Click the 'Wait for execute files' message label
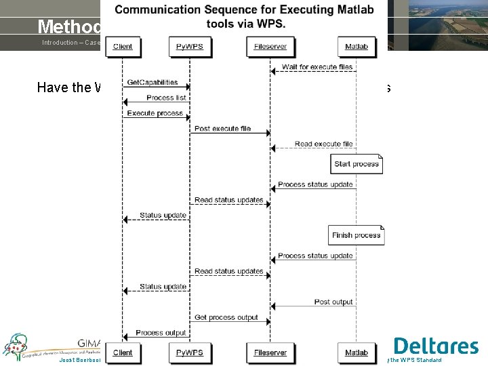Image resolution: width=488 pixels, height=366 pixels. click(x=317, y=66)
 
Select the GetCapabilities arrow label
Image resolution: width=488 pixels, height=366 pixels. click(x=152, y=82)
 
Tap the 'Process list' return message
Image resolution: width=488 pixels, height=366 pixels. click(x=165, y=98)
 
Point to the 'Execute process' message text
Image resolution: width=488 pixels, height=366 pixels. click(x=155, y=113)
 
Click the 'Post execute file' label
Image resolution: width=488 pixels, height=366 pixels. click(x=222, y=128)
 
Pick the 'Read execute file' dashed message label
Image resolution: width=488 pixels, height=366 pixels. click(x=323, y=144)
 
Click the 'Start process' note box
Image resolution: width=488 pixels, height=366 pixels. click(x=357, y=164)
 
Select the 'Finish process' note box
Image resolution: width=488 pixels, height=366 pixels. click(x=356, y=235)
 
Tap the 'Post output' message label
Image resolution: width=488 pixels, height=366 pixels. click(x=333, y=302)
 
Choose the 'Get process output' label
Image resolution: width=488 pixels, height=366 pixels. click(x=226, y=317)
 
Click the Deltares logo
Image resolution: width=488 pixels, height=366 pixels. click(x=436, y=346)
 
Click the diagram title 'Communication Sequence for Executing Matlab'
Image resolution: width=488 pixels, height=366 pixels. click(x=243, y=9)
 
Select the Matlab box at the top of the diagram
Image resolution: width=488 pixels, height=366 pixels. click(x=356, y=46)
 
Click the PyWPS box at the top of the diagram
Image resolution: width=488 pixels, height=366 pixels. click(x=189, y=46)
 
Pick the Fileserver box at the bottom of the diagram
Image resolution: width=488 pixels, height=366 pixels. click(x=270, y=352)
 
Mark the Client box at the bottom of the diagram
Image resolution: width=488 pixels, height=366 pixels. click(x=123, y=352)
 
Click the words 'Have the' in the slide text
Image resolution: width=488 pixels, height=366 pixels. click(x=64, y=87)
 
